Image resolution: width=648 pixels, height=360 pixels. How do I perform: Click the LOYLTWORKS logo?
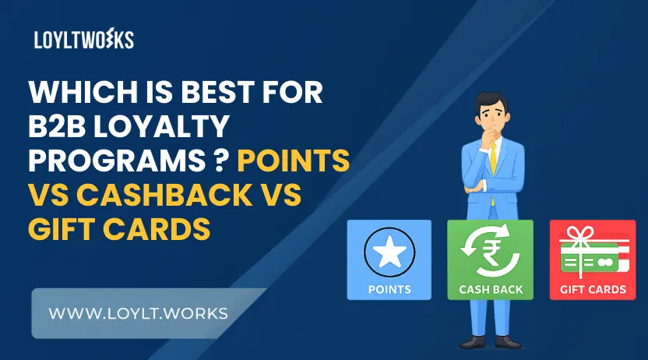pos(83,40)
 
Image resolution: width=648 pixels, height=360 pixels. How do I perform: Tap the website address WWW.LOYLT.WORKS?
pos(139,313)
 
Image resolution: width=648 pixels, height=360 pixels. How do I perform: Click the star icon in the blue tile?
pos(389,253)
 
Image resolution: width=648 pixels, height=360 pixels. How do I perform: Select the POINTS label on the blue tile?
pos(389,290)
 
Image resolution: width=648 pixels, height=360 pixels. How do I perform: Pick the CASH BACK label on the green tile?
pos(491,290)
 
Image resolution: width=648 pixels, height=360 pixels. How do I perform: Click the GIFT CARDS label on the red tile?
pos(593,290)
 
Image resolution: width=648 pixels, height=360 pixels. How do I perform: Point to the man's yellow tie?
pos(493,155)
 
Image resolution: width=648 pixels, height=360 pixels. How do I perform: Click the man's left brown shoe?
pos(471,342)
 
